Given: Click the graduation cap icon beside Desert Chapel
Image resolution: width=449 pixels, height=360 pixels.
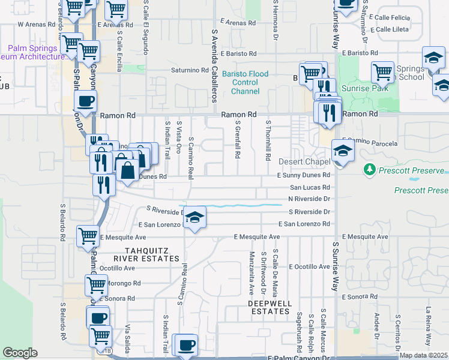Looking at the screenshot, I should pos(342,150).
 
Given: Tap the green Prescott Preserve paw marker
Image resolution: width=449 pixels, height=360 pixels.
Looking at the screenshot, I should pos(369,172).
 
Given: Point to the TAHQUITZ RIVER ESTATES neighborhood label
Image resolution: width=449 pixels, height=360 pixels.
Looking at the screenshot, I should pos(152,254).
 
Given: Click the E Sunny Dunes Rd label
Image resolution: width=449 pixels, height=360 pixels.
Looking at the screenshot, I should pos(303,175).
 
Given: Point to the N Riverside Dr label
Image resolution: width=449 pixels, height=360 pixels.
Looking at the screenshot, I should pos(309,199).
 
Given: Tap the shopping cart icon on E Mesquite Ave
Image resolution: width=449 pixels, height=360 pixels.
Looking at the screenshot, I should pos(88,236).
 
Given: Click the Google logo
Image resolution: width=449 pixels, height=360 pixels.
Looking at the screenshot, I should pos(20,353).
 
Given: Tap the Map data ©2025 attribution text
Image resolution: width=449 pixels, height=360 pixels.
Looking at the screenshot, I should pos(423,355).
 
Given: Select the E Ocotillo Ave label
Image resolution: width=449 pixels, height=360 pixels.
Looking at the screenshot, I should pos(309,266).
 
